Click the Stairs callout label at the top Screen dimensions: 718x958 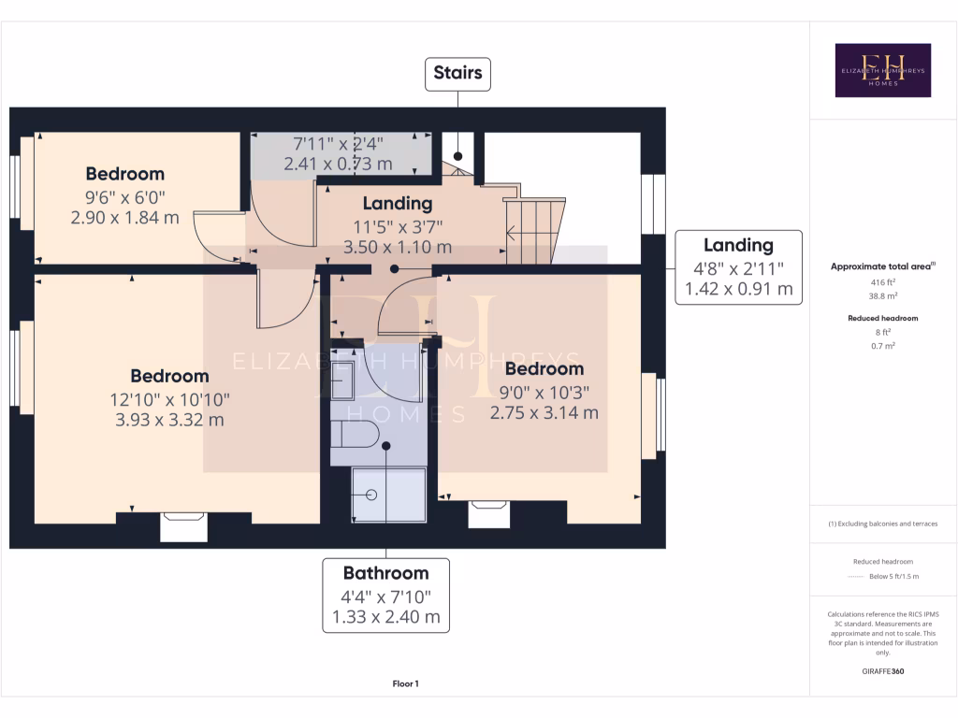tap(458, 73)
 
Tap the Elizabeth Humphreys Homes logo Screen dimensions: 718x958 tap(883, 70)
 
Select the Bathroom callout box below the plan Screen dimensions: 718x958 tap(385, 595)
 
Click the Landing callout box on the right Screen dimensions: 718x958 tap(738, 266)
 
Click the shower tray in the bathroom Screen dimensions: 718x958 tap(387, 494)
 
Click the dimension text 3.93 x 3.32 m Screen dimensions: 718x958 tap(169, 419)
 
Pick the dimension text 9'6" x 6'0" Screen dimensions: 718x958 tap(124, 197)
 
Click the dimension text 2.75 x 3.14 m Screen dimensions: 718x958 tap(544, 411)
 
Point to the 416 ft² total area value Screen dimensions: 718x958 tap(883, 280)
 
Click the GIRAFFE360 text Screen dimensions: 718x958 tap(883, 671)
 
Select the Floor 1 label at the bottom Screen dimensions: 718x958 tap(405, 684)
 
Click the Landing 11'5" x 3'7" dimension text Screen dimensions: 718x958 tap(398, 225)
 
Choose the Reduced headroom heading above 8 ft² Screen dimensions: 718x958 tap(883, 318)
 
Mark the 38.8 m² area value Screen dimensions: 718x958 tap(883, 294)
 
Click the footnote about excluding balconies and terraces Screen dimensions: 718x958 tap(883, 524)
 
